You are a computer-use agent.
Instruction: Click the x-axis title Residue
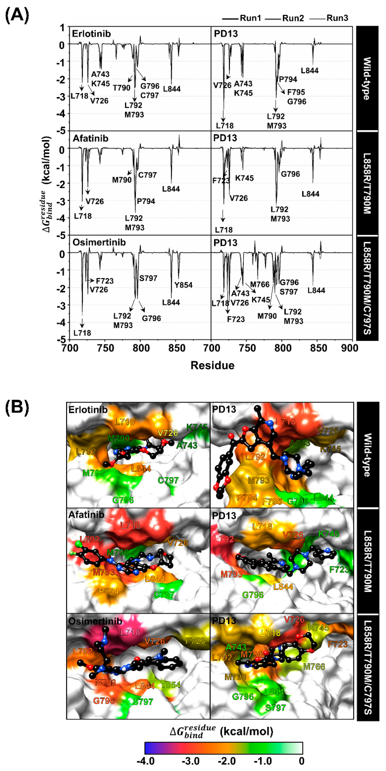(x=212, y=365)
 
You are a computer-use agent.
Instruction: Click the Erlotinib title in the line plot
(x=91, y=34)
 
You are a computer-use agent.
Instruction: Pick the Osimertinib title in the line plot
(x=99, y=242)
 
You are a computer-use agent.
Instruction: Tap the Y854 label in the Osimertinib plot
(x=183, y=285)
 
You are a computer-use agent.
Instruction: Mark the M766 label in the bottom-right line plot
(x=260, y=284)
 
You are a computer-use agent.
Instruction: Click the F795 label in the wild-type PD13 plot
(x=296, y=92)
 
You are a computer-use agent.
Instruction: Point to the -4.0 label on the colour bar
(x=145, y=760)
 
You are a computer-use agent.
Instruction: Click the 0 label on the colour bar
(x=302, y=760)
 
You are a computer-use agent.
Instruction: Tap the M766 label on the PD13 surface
(x=314, y=666)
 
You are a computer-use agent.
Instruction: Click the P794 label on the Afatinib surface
(x=109, y=591)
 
